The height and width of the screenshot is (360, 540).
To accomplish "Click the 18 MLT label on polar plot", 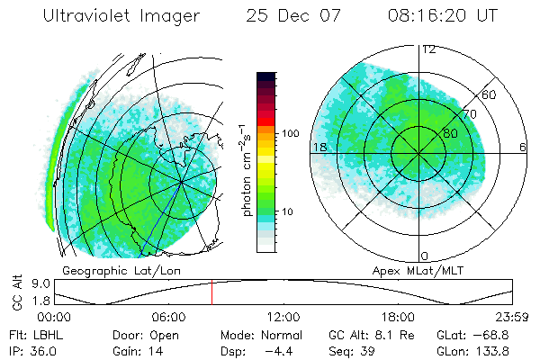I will point(318,147).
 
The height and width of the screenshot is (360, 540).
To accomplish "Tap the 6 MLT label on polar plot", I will point(523,147).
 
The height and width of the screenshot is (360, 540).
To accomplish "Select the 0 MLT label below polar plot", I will point(425,256).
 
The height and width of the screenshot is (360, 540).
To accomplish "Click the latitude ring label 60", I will point(490,94).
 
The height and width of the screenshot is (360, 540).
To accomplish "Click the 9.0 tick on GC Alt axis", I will point(38,283).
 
